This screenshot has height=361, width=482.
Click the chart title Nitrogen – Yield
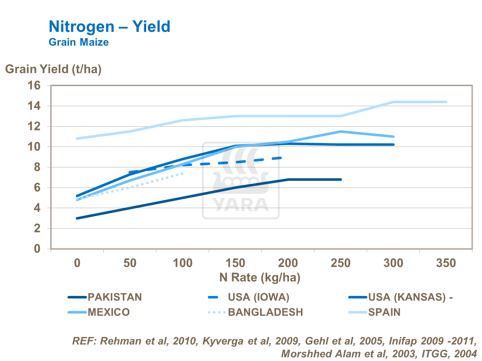(x=109, y=27)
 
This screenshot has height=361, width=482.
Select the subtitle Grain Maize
(x=79, y=42)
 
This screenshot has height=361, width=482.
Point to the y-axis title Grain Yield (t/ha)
(x=53, y=69)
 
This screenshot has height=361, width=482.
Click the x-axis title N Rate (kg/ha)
(x=260, y=277)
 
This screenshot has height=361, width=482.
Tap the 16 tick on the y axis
(x=35, y=86)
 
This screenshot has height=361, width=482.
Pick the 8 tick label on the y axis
(x=37, y=167)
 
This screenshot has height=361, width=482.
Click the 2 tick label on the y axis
(x=37, y=229)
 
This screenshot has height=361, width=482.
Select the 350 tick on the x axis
(x=446, y=263)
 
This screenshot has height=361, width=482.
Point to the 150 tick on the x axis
(x=235, y=263)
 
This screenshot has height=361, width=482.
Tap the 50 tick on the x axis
(x=130, y=263)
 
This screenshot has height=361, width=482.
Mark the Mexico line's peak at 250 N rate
(x=341, y=131)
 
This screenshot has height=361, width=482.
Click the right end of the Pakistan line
(x=341, y=180)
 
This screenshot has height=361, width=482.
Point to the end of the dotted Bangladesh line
(x=183, y=173)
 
